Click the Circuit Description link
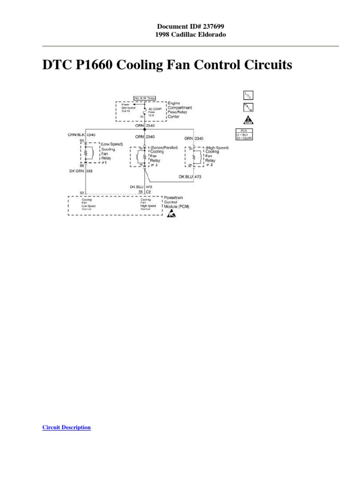coord(66,427)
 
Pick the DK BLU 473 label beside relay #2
coord(190,176)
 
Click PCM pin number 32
coord(82,193)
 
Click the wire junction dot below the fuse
coord(145,129)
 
